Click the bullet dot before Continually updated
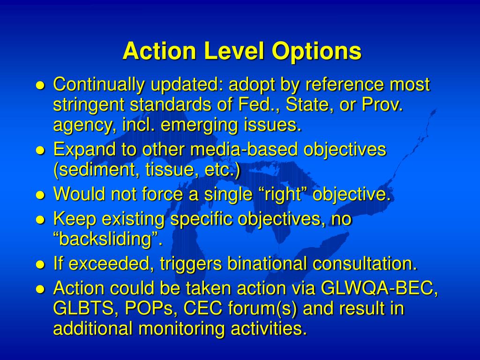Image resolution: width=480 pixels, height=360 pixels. tap(40, 86)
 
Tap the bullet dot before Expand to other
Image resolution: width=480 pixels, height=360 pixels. tap(40, 150)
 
